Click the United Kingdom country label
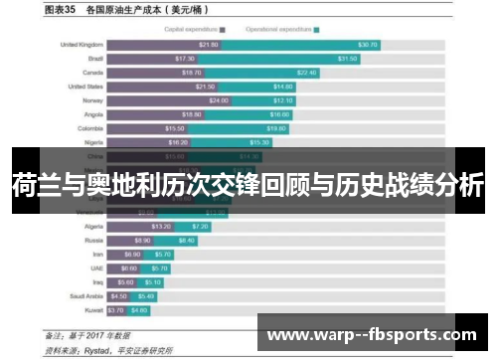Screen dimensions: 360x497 tap(82, 45)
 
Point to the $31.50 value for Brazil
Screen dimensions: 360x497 tap(347, 59)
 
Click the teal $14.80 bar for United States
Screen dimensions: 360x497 tap(256, 87)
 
